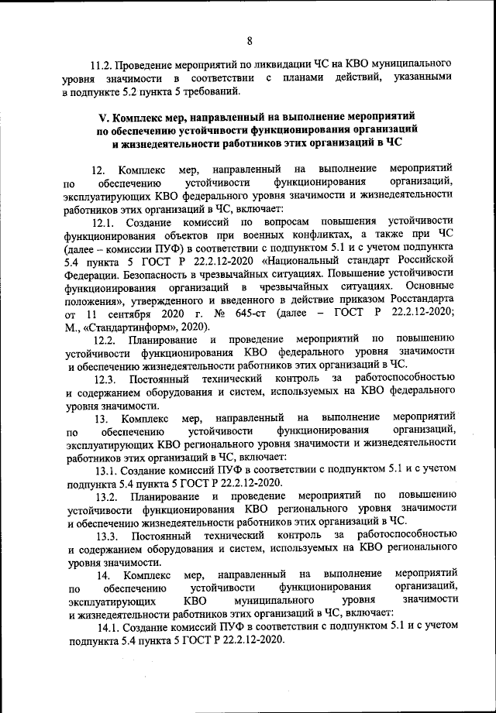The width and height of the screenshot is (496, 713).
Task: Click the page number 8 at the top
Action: pyautogui.click(x=249, y=40)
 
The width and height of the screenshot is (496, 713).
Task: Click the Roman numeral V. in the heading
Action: pyautogui.click(x=103, y=117)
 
